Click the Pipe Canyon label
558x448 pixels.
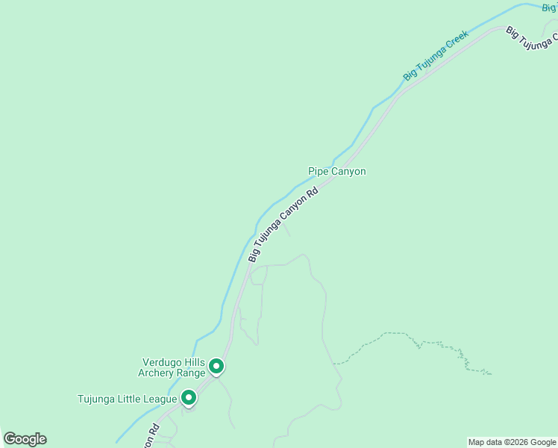pos(337,171)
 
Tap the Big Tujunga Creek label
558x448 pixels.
pos(436,55)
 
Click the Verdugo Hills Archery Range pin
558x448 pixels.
pos(216,366)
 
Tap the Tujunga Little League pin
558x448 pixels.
pos(189,397)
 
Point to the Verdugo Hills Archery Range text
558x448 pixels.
pos(172,367)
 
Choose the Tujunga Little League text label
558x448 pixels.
pos(128,399)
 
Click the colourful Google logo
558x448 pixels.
pos(25,439)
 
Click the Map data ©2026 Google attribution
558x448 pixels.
pos(512,442)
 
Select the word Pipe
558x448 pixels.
pos(319,171)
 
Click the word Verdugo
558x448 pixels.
pos(160,362)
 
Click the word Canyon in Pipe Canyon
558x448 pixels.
pos(348,171)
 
